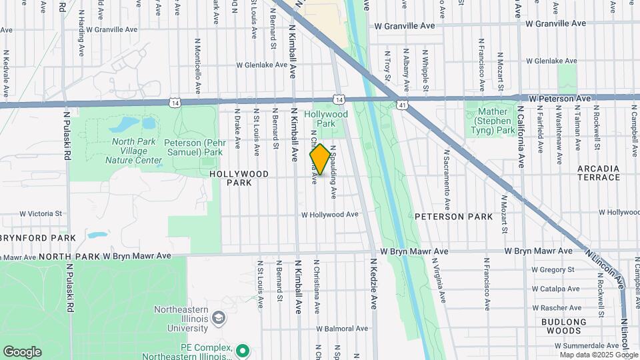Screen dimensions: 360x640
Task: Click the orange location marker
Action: pos(319,159)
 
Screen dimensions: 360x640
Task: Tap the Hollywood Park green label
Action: pos(326,119)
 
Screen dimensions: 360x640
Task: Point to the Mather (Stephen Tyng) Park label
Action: pos(494,121)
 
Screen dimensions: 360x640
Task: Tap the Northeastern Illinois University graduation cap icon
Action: pos(218,319)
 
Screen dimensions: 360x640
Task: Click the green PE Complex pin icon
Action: pos(243,350)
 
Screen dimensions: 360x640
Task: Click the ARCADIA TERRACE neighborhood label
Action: pos(599,173)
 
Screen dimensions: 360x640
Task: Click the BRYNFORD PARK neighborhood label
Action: pos(39,237)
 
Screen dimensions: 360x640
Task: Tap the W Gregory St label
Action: pos(553,270)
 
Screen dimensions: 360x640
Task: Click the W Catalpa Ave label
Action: pos(555,289)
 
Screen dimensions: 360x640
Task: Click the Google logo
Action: pos(22,352)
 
